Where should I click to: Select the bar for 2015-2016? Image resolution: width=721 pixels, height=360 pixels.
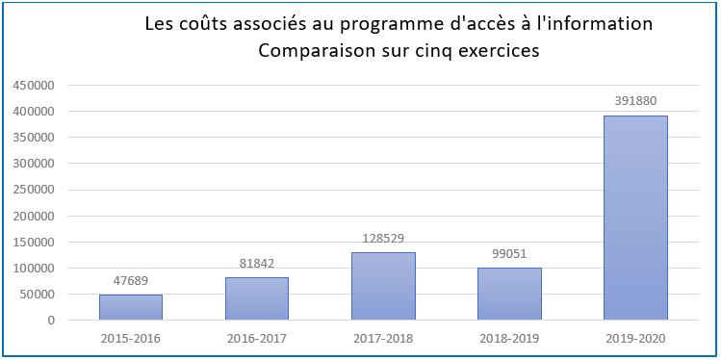coord(131,307)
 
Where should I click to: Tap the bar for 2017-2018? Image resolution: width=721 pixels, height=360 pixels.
coord(383,286)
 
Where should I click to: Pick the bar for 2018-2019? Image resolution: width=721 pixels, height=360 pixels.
coord(509,294)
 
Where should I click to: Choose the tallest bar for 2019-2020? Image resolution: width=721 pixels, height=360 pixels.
coord(635,218)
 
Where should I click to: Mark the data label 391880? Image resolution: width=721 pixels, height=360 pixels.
coord(635,101)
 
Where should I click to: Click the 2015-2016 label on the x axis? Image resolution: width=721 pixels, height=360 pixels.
coord(131,338)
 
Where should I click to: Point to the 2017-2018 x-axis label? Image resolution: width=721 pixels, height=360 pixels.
coord(383,338)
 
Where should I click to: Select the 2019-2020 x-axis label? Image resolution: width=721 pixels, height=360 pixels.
coord(635,338)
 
